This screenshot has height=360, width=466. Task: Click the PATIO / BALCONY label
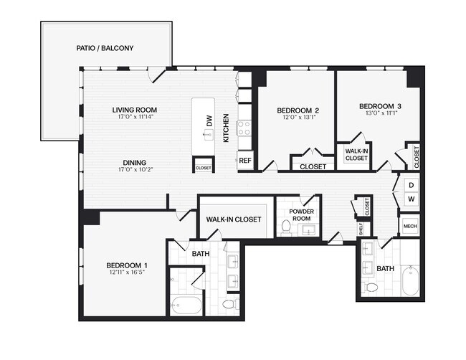[105, 49]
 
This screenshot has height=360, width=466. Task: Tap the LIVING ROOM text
[134, 110]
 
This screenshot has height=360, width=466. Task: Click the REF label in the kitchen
[244, 161]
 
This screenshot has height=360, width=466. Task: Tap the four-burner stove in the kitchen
[244, 128]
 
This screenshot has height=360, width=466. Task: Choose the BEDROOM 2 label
[298, 110]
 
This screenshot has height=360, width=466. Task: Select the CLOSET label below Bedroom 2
[313, 166]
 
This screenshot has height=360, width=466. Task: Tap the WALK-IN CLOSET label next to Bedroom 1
[234, 219]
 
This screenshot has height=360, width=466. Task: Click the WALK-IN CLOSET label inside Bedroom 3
[356, 155]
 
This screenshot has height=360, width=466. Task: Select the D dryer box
[412, 184]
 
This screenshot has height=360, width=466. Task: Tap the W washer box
[412, 199]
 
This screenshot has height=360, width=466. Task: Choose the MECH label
[410, 226]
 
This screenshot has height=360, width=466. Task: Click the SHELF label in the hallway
[361, 228]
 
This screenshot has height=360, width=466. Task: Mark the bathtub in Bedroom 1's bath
[187, 305]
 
